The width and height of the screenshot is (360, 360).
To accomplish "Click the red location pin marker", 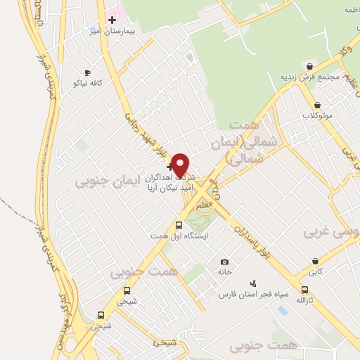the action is pos(181,165).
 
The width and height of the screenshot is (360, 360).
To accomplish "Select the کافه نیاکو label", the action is pos(87,83).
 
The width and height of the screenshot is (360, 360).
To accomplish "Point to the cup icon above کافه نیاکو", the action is pos(87,72).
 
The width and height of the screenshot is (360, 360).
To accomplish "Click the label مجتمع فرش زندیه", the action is pos(309,77).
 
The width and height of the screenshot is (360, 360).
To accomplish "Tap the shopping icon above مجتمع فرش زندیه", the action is pos(309,66).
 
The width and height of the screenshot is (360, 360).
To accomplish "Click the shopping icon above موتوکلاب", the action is pos(316,104).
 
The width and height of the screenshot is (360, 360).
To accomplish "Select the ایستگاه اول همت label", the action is pos(178,236).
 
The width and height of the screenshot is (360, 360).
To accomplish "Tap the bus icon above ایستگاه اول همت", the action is pos(179,226).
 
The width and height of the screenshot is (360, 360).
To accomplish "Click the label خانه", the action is pos(224,271).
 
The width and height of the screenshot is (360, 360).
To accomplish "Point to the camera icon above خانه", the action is pos(224,262).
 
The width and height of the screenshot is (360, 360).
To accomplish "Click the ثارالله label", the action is pos(304,300).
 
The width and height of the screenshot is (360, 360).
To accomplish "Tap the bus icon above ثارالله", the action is pos(304,290).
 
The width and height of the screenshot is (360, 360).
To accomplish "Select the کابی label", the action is pos(316,271).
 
